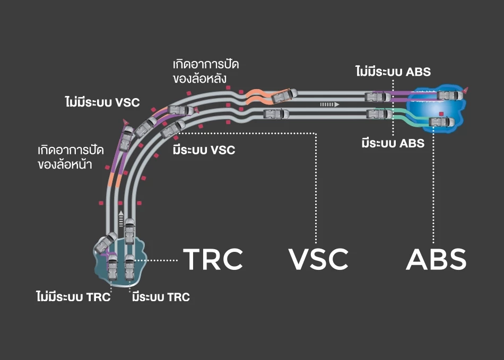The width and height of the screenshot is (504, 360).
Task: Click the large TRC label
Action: point(213,259)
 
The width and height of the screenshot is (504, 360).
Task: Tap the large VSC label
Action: point(318,259)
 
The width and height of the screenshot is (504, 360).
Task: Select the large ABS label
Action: point(436,259)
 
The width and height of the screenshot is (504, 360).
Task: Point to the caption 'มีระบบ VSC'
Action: point(204,150)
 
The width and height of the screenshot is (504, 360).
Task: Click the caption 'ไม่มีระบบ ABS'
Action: point(393,71)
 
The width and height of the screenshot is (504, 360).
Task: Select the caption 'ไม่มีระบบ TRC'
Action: point(73,297)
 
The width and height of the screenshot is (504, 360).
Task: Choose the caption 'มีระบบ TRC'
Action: point(160,297)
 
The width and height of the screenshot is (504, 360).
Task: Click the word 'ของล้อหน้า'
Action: point(65,164)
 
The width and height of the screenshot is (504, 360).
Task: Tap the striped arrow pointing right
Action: point(329,104)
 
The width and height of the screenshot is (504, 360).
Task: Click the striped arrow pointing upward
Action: point(121,217)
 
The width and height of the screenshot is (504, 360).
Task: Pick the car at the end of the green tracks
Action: point(441,122)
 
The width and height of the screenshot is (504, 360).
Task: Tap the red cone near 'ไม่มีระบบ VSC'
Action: point(126,122)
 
